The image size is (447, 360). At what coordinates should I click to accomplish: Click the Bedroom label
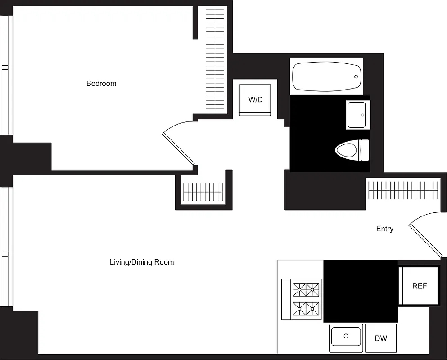pyautogui.click(x=101, y=83)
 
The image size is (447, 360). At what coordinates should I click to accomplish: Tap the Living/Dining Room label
pyautogui.click(x=142, y=262)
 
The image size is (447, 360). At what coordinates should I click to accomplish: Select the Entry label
pyautogui.click(x=384, y=229)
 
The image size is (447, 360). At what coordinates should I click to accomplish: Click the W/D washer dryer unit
pyautogui.click(x=255, y=99)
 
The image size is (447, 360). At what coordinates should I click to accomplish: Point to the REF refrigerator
pyautogui.click(x=420, y=286)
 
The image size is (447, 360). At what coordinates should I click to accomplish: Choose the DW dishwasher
pyautogui.click(x=381, y=338)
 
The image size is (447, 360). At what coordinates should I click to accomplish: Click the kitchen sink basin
pyautogui.click(x=346, y=337)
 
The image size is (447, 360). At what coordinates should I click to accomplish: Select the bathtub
pyautogui.click(x=326, y=76)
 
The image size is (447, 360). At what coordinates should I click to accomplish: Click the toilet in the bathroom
pyautogui.click(x=352, y=150)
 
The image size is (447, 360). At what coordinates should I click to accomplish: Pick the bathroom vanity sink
pyautogui.click(x=357, y=115)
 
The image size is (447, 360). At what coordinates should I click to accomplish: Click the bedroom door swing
pyautogui.click(x=179, y=143)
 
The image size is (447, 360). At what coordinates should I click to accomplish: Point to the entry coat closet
pyautogui.click(x=403, y=189)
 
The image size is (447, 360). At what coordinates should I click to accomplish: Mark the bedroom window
pyautogui.click(x=6, y=75)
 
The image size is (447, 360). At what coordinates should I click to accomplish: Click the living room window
pyautogui.click(x=6, y=247)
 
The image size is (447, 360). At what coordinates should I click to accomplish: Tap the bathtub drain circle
pyautogui.click(x=356, y=76)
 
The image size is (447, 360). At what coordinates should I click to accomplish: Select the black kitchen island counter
pyautogui.click(x=361, y=291)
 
